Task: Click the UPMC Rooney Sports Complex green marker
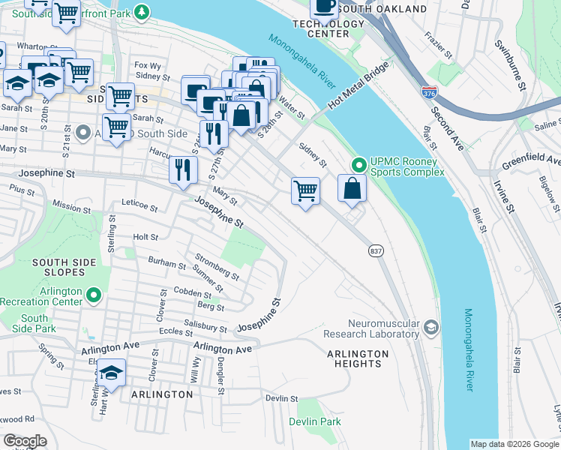coord(359,163)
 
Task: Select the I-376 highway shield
coord(429,93)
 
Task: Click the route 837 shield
coord(376,251)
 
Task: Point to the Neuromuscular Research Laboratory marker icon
coord(431,327)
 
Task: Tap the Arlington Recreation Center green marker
coord(94,296)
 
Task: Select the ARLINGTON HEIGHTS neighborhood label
coord(358,358)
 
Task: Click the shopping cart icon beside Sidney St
coord(305,191)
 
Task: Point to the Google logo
coord(25,440)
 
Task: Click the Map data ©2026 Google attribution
coord(514,444)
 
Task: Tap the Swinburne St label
coord(509,64)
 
